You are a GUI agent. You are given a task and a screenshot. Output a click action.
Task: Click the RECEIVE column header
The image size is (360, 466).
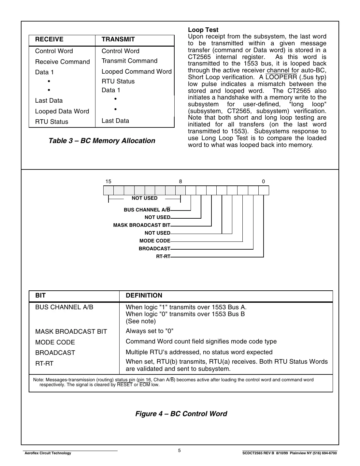(49, 39)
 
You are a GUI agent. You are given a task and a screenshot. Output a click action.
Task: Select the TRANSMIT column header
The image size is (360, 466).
(118, 39)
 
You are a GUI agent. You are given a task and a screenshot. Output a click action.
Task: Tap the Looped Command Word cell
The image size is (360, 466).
(137, 71)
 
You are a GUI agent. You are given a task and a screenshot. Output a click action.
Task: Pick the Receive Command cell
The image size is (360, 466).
(62, 62)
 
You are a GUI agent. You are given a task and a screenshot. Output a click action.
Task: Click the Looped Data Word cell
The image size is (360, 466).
(62, 111)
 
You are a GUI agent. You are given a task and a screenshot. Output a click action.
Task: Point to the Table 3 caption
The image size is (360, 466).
(102, 141)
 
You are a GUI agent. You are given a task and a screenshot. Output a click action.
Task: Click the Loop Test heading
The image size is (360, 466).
(203, 30)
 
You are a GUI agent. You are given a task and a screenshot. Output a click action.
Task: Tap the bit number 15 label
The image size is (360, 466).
(108, 182)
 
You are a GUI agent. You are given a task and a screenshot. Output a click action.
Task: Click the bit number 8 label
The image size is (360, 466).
(180, 182)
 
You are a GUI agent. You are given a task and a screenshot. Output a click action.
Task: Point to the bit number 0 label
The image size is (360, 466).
(263, 182)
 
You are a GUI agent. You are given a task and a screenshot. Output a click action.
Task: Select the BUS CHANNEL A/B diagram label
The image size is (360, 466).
(147, 210)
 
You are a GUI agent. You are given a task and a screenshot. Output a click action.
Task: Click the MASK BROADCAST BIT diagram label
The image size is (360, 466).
(142, 225)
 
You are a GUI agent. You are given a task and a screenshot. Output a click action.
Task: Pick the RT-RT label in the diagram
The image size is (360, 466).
(163, 256)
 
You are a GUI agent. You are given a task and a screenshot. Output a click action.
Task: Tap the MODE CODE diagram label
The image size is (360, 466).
(155, 241)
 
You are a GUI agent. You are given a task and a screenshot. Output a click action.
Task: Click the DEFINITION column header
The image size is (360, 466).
(144, 296)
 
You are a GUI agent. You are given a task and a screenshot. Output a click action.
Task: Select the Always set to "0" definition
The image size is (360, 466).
(150, 331)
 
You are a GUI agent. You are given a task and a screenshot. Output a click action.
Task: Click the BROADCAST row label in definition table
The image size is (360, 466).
(55, 353)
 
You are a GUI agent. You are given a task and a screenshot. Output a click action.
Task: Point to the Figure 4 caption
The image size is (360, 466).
(181, 414)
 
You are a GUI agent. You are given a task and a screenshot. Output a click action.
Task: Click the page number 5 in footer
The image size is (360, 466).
(180, 451)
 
